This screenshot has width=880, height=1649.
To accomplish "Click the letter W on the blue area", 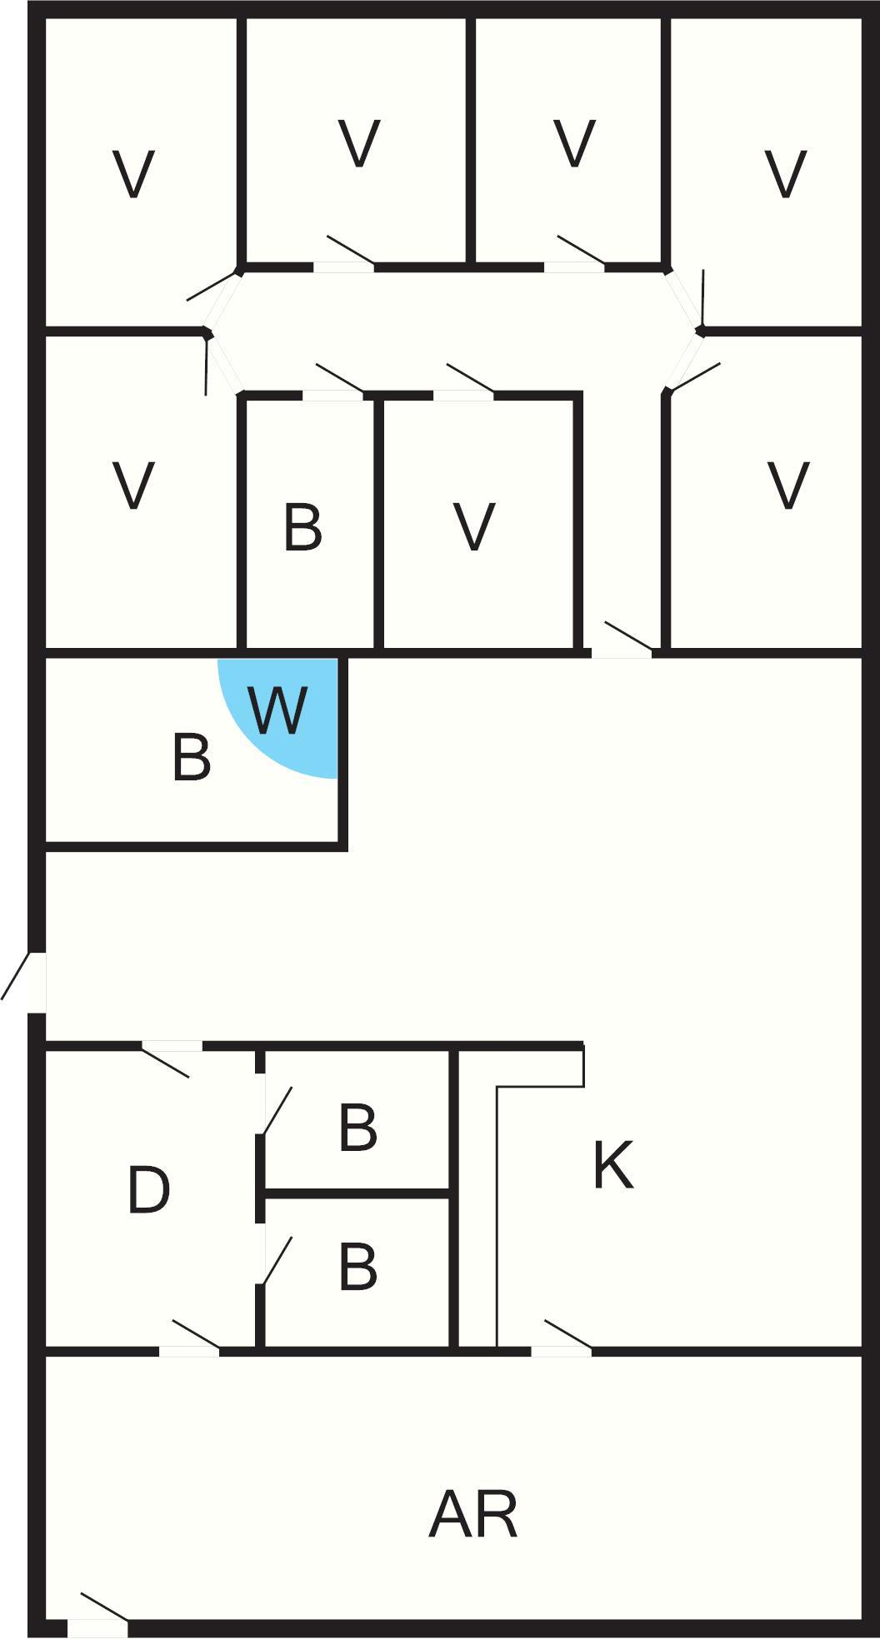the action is click(278, 710).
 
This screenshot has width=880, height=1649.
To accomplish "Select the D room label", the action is click(149, 1190).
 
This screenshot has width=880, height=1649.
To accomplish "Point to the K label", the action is click(613, 1165).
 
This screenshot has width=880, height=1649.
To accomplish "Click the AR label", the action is click(473, 1515).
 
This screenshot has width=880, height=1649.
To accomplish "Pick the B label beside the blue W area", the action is click(191, 757).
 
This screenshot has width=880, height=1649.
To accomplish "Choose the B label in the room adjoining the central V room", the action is click(302, 526).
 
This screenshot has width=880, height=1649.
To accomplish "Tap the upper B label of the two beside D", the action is click(358, 1128).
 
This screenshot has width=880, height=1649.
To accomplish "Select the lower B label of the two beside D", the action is click(358, 1267).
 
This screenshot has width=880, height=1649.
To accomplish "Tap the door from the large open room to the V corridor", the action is click(622, 640).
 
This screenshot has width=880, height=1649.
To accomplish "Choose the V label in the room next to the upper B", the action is click(474, 526).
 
